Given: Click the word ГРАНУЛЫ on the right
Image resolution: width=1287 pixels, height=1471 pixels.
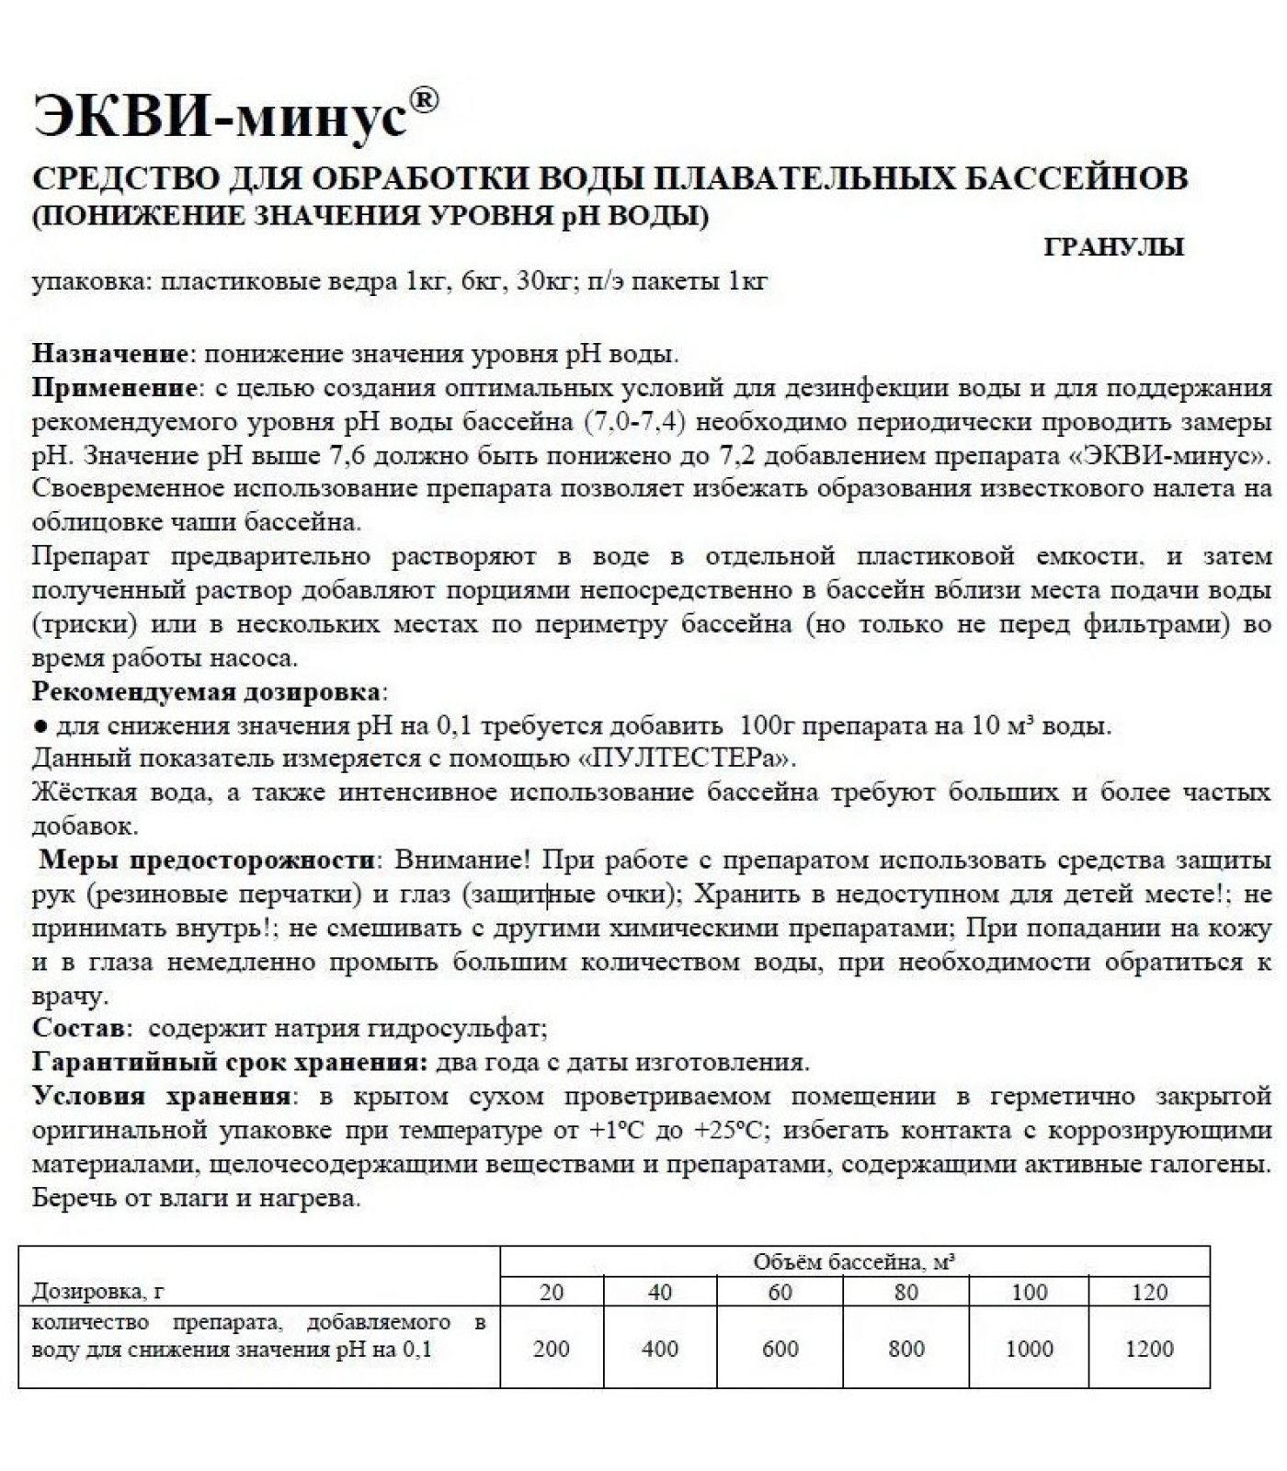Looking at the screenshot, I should (x=1113, y=247).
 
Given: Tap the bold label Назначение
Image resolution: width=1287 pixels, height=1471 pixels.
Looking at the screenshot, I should (x=110, y=354).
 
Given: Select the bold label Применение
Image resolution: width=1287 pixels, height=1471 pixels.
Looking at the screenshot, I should (x=115, y=388).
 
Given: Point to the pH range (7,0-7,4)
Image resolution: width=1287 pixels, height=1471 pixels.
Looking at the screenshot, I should (x=637, y=422).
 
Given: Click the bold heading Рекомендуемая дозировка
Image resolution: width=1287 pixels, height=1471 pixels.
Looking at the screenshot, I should (x=207, y=691).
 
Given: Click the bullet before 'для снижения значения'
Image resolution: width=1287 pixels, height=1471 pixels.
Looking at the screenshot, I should (x=40, y=726).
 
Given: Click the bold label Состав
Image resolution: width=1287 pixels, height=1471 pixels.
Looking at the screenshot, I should (x=77, y=1029).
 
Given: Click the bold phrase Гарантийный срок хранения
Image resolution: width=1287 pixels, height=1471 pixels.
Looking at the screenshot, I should (x=230, y=1063).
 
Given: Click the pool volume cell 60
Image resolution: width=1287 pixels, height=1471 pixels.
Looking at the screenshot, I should (x=780, y=1293).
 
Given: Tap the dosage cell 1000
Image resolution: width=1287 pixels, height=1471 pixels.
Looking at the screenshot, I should (x=1029, y=1349).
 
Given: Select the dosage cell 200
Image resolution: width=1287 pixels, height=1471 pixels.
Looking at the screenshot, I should (x=552, y=1349).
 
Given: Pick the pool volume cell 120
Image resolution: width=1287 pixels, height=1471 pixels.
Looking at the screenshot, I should (x=1149, y=1293).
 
